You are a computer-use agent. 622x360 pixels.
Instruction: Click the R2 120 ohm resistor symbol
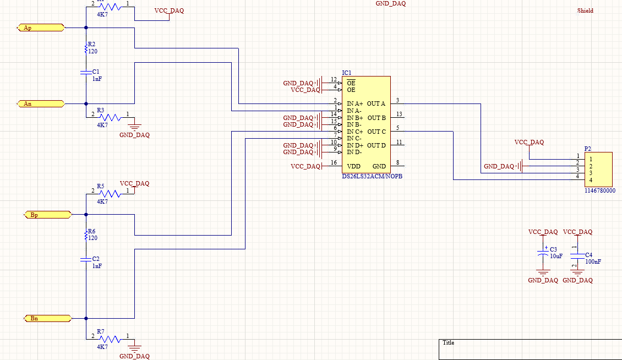(86, 50)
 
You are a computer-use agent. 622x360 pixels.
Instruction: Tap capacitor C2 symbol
(86, 259)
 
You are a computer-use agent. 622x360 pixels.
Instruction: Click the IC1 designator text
(347, 73)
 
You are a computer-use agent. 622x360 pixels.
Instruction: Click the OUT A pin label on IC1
(377, 103)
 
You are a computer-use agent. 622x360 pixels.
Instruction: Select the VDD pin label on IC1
(353, 166)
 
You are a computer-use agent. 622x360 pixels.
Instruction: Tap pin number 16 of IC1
(334, 163)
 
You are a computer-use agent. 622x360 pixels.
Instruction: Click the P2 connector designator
(588, 149)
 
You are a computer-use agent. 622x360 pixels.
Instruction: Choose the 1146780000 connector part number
(600, 190)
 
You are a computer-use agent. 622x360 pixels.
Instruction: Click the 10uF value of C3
(556, 257)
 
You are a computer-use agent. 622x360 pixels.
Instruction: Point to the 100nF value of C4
(593, 262)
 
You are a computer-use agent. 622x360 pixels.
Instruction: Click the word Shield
(585, 10)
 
